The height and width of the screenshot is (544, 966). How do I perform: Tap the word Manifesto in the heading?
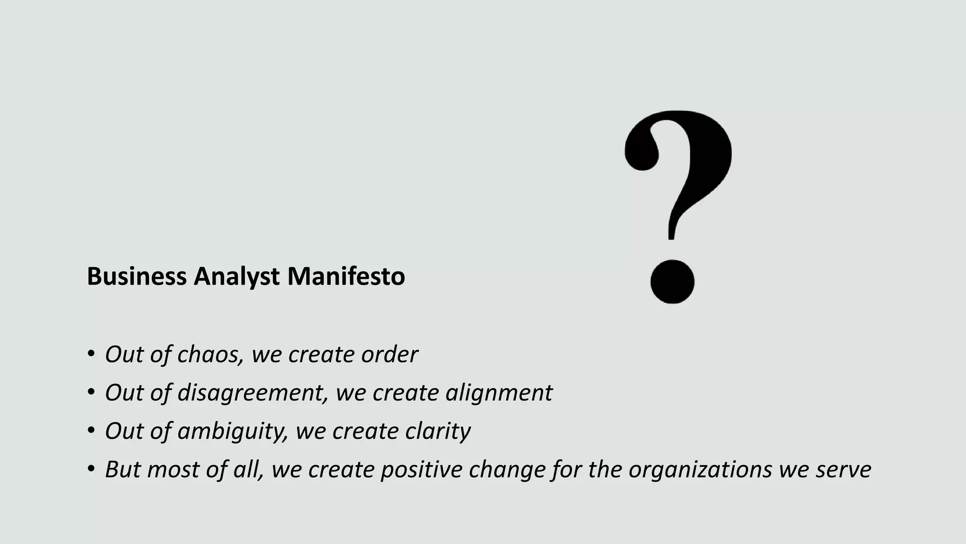[x=346, y=276]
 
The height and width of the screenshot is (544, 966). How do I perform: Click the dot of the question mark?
[x=672, y=281]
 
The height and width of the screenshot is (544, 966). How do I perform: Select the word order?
[x=389, y=354]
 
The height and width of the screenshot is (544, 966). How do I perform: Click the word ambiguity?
[x=233, y=431]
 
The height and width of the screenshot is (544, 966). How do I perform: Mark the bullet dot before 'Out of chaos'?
[x=91, y=354]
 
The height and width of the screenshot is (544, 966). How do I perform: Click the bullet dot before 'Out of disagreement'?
[x=91, y=392]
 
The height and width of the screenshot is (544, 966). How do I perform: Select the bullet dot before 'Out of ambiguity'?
[x=91, y=431]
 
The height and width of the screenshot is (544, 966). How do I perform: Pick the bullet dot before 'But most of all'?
[x=91, y=469]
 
